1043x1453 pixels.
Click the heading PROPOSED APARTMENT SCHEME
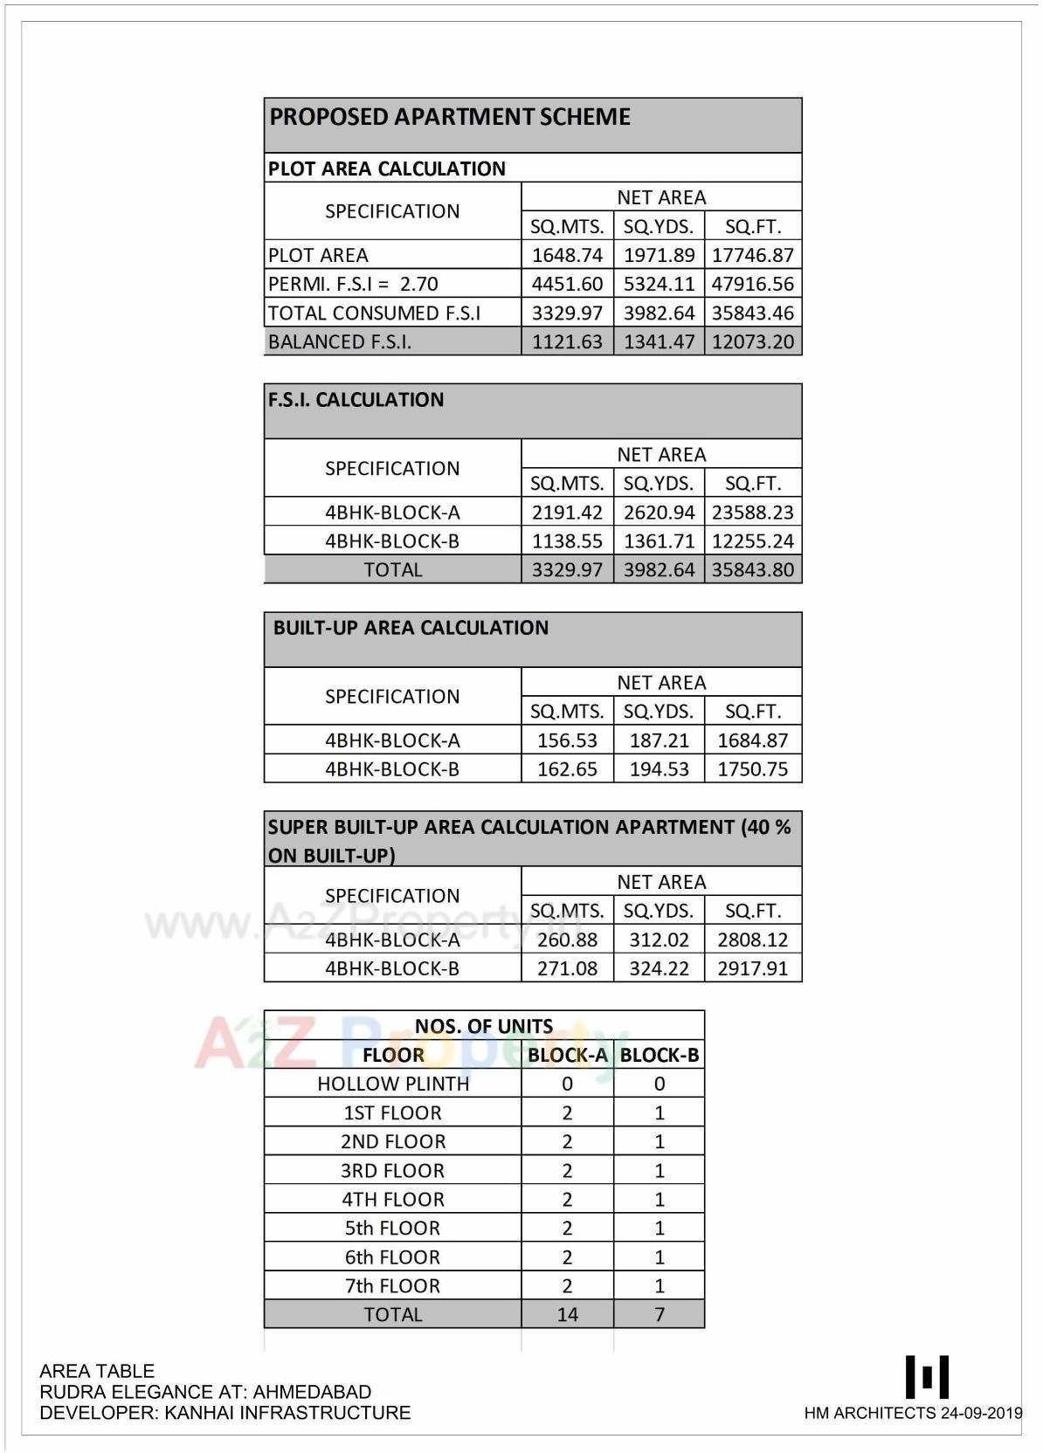[449, 117]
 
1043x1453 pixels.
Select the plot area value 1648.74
[567, 255]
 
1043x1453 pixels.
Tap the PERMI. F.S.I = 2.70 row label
[353, 284]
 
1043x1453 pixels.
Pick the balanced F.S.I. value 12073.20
[752, 341]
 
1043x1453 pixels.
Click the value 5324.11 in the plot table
[659, 284]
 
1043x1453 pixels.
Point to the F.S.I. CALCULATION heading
[356, 400]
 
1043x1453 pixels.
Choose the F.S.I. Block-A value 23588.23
[752, 513]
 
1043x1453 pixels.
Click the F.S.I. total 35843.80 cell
[752, 570]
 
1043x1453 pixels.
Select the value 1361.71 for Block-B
[659, 541]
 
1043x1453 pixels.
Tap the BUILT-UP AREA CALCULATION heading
[411, 628]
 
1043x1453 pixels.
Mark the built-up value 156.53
[567, 740]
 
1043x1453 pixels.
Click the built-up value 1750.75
[752, 769]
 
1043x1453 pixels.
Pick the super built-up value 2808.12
[752, 940]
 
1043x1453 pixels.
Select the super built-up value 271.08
[567, 968]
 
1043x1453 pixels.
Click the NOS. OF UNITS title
[483, 1026]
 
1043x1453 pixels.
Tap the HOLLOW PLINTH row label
[393, 1084]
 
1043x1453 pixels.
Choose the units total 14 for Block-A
[567, 1314]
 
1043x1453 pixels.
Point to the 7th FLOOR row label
[392, 1285]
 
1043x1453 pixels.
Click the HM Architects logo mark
[927, 1377]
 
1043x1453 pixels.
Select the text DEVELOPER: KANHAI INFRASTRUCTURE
[224, 1413]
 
